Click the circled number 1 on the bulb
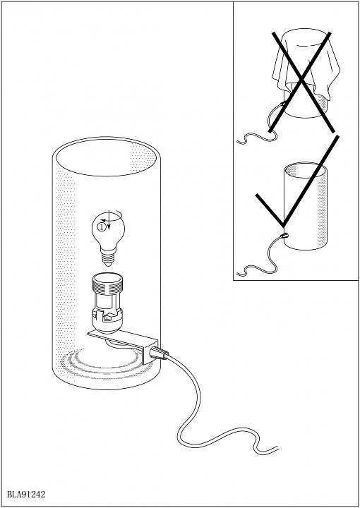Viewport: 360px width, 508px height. coord(102,227)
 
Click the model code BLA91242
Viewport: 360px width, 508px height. coord(26,495)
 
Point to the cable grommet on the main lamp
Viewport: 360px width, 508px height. coord(160,353)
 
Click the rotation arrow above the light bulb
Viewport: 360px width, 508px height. coord(112,215)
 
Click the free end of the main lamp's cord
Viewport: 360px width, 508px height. coord(278,448)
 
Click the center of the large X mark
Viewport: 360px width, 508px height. coord(301,79)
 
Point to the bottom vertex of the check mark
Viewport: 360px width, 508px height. coord(283,226)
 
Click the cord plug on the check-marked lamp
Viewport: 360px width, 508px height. coord(284,236)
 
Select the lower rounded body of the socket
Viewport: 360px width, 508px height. coord(107,319)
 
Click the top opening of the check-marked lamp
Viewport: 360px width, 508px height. coord(305,170)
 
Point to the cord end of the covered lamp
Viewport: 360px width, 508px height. coord(238,142)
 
